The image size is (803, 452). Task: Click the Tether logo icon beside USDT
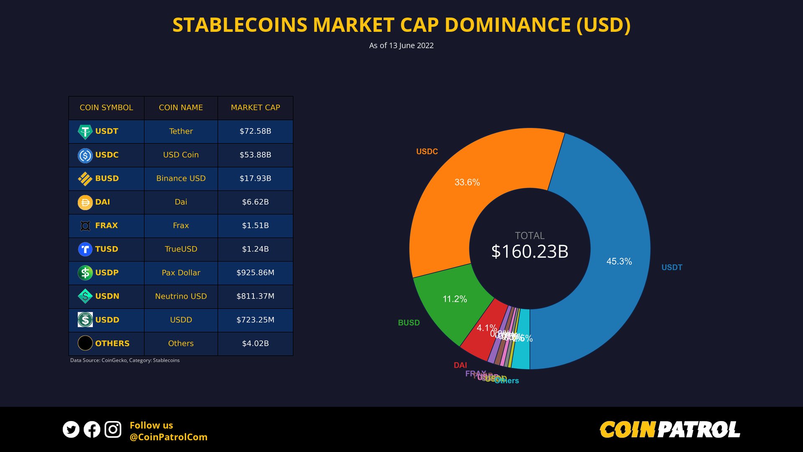[85, 132]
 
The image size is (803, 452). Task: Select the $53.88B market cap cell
[255, 155]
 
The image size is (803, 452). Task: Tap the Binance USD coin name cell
[181, 178]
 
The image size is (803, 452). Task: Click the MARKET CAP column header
[255, 108]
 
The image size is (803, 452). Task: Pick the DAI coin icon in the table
[85, 203]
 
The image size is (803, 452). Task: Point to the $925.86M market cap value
[255, 272]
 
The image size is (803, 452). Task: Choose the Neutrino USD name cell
[181, 296]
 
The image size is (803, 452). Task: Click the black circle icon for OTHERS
[85, 343]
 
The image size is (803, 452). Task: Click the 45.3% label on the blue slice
[619, 262]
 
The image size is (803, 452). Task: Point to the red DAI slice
[481, 339]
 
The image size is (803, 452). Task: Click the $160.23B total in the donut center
[529, 252]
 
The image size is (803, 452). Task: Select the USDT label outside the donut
[672, 267]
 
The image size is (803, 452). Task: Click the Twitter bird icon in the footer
[71, 429]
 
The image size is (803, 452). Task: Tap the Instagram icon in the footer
[113, 429]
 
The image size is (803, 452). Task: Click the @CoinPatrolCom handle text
[168, 437]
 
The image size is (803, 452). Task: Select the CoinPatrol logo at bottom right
[670, 430]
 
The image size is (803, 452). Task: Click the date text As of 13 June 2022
[401, 46]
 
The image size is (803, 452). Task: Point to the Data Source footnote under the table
[125, 360]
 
